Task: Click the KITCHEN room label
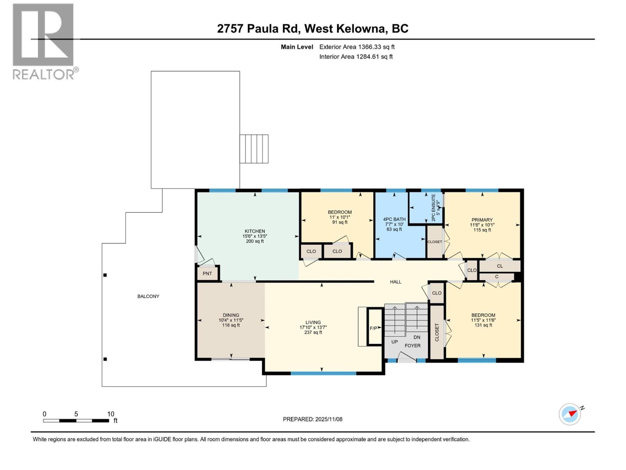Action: point(255,231)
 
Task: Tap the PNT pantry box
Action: point(207,273)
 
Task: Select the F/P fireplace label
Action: point(374,328)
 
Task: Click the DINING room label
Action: point(231,315)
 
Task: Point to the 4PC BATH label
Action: point(394,219)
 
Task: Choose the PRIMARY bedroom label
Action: point(482,220)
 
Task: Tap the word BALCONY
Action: point(148,296)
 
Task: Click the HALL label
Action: point(396,282)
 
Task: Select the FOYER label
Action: point(412,345)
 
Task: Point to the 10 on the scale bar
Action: point(111,414)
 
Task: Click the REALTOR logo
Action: point(44,41)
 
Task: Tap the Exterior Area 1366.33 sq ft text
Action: point(357,47)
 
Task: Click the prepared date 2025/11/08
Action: point(328,419)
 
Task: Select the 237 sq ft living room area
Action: point(313,333)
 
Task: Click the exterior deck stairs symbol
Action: point(254,149)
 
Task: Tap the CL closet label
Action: point(500,266)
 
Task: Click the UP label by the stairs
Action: point(394,342)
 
